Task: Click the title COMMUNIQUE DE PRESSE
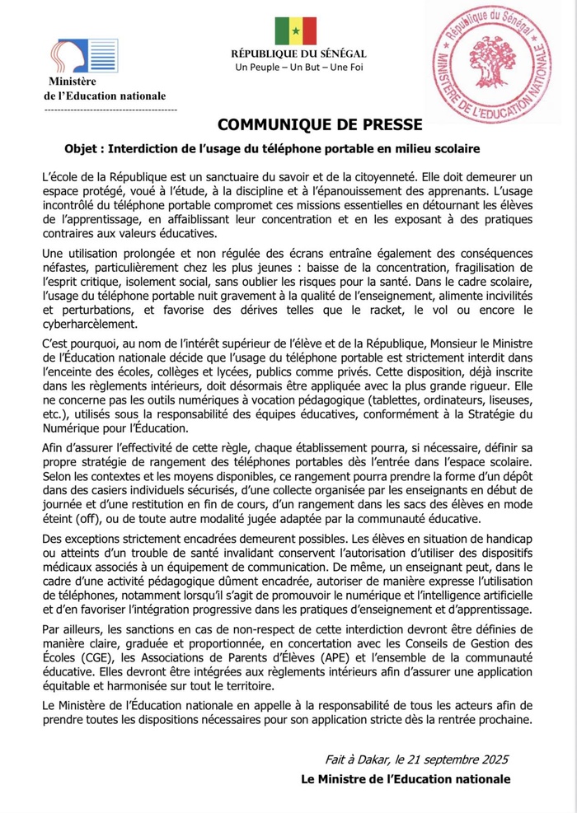tap(320, 124)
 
